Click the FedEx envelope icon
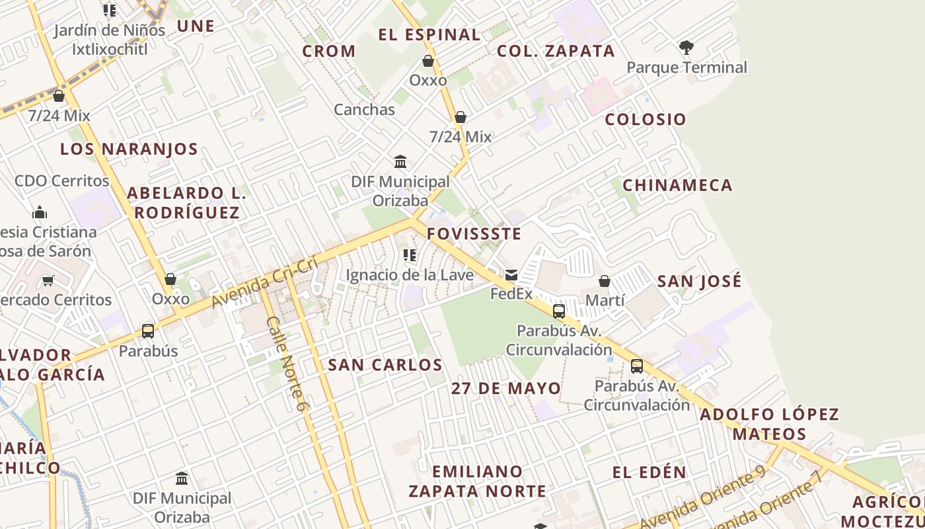511,275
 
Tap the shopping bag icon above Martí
605,282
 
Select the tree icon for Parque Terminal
686,48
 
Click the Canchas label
364,110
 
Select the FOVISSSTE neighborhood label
474,234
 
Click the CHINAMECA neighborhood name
677,185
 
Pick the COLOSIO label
646,120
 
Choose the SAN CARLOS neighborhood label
385,365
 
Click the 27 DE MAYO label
506,388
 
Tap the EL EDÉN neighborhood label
649,473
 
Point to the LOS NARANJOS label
129,149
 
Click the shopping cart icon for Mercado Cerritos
48,281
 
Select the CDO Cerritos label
62,181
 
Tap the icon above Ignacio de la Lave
410,255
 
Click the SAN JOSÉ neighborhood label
699,282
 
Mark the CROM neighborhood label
329,52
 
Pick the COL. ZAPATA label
556,52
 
